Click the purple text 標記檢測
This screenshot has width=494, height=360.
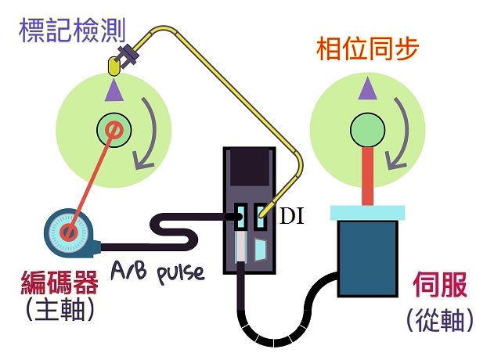point(61,32)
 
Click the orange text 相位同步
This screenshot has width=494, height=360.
point(366,49)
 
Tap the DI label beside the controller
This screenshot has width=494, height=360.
point(292,217)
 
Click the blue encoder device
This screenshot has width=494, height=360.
point(69,232)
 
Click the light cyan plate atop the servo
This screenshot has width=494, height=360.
point(367,211)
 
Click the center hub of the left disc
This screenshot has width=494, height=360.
point(113,129)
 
